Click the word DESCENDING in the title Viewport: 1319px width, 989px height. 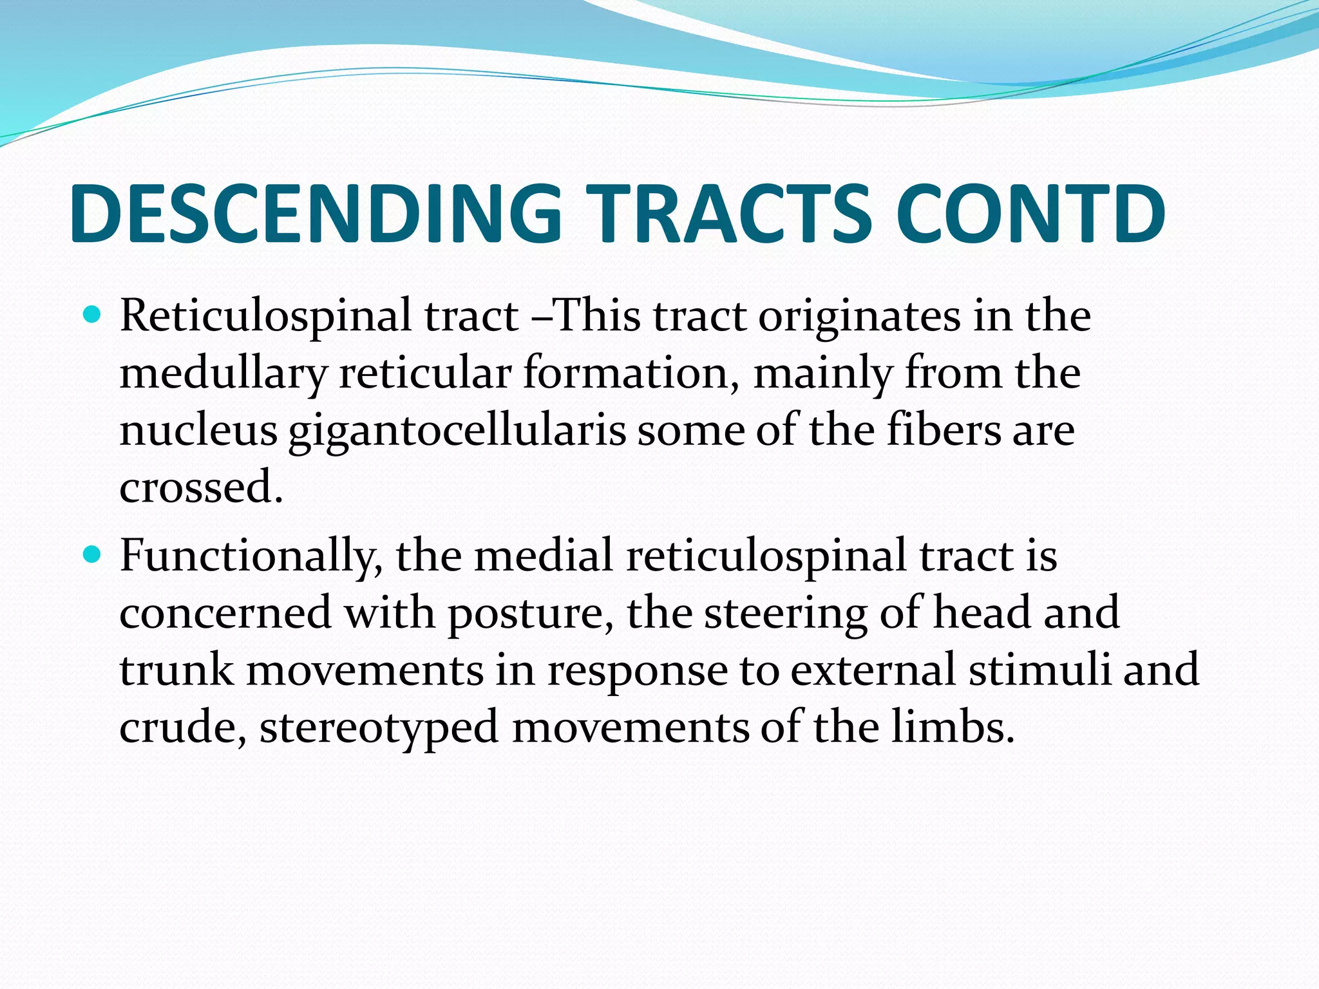click(x=316, y=214)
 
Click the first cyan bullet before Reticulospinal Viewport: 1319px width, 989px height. click(x=93, y=316)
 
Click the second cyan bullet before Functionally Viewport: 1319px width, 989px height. click(x=93, y=554)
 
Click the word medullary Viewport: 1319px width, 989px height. click(x=223, y=374)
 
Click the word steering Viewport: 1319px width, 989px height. click(x=785, y=614)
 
